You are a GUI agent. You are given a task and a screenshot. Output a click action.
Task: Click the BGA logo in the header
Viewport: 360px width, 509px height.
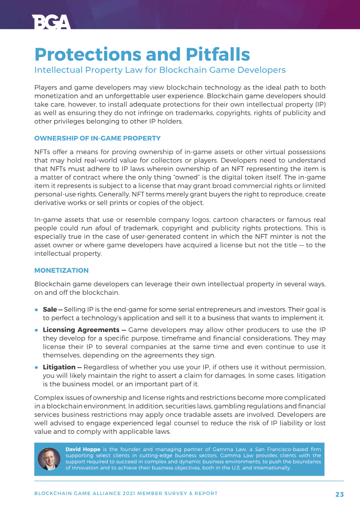coord(51,22)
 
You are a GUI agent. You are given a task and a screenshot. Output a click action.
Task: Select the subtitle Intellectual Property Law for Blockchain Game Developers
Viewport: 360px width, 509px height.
coord(160,70)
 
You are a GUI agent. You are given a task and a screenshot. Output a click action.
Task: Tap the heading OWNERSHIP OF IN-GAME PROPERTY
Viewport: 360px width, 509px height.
coord(97,138)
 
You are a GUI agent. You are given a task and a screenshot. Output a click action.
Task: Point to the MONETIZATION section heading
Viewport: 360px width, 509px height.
coord(61,270)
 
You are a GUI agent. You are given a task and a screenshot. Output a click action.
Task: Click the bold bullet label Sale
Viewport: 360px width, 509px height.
coord(49,310)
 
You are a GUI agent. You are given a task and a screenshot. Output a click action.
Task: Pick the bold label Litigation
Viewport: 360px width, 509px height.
coord(59,367)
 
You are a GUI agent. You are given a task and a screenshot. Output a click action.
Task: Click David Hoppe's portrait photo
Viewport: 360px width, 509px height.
coord(49,459)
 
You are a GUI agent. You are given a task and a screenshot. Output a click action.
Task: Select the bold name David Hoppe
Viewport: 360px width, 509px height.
coord(83,449)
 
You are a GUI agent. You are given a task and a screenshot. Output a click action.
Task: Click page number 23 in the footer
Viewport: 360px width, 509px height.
coord(339,494)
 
